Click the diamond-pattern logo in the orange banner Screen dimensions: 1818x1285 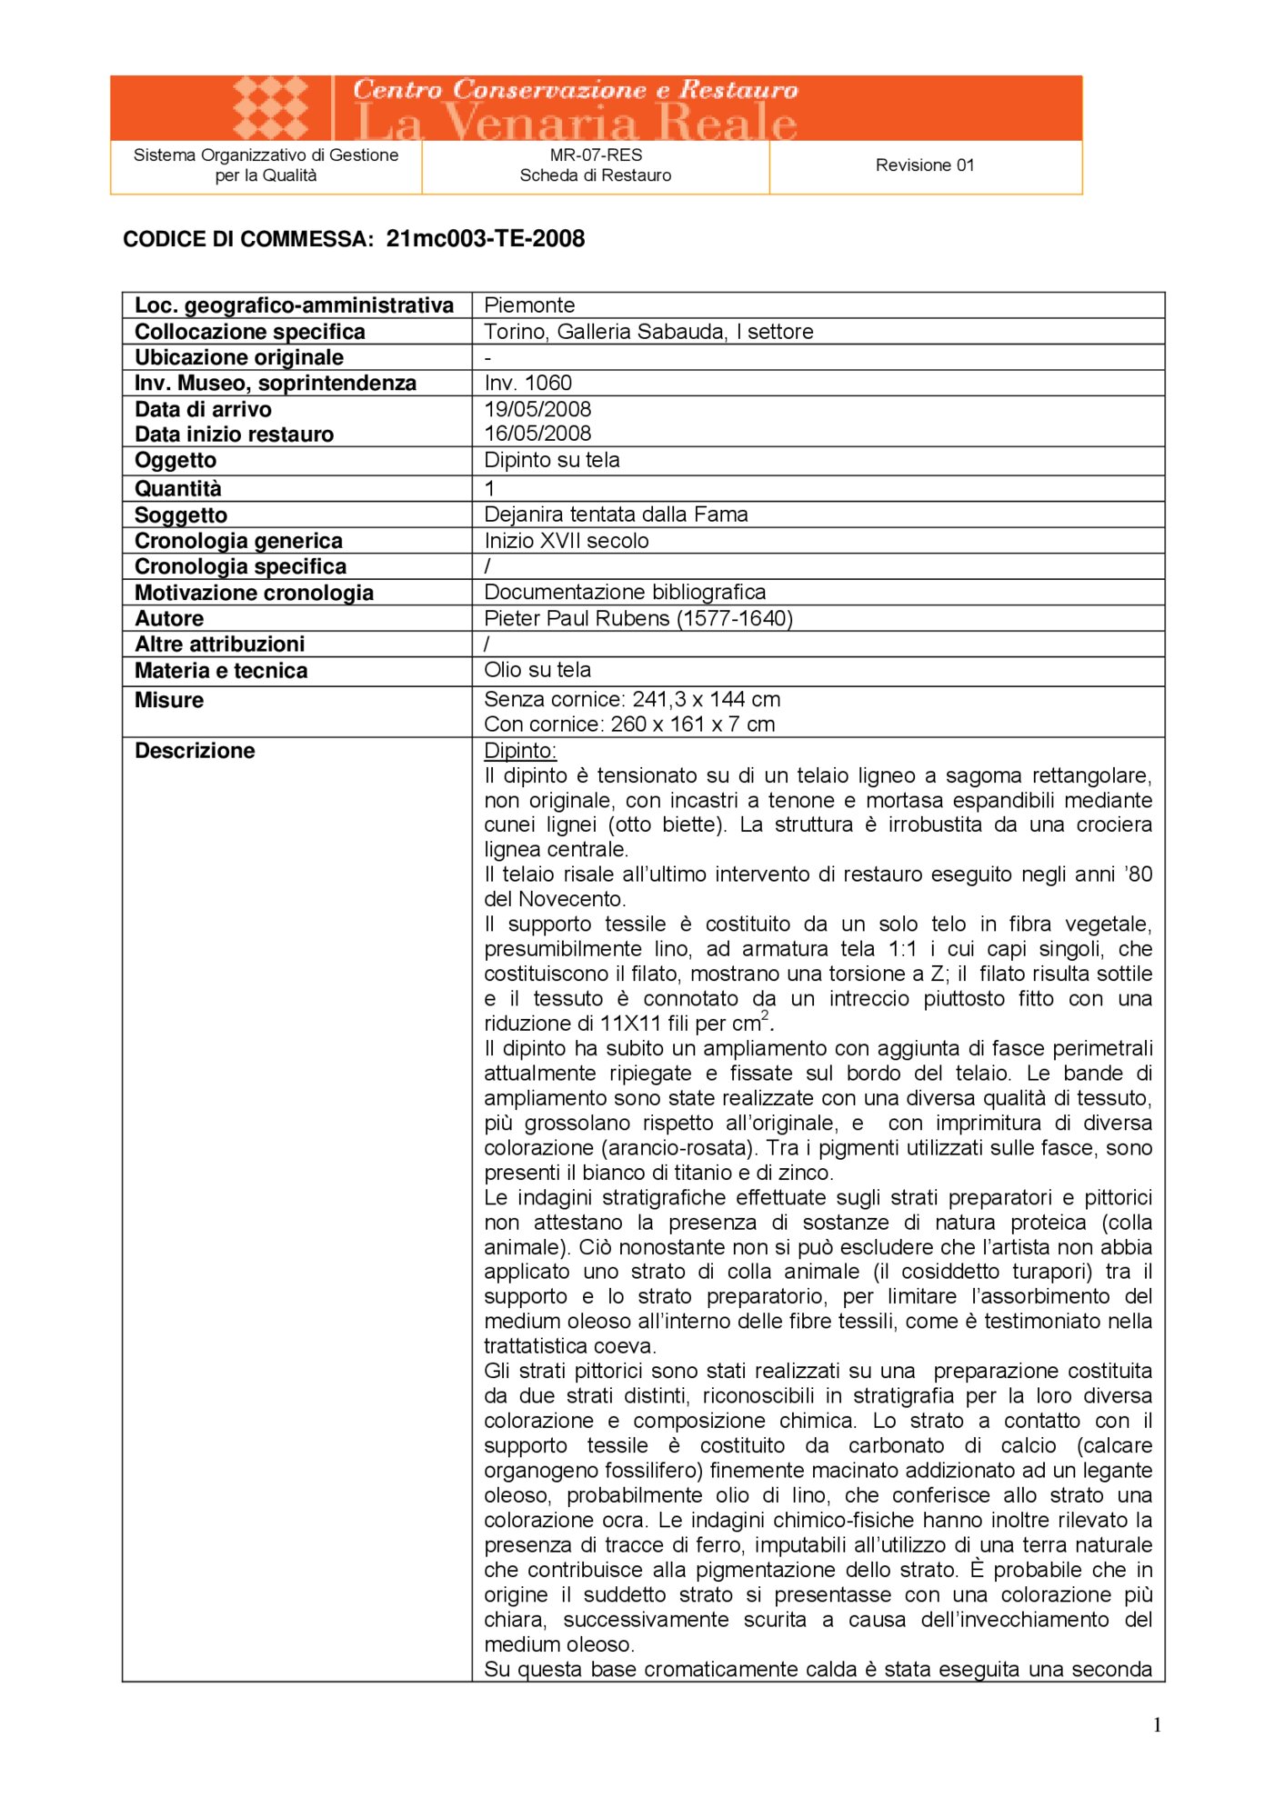[270, 107]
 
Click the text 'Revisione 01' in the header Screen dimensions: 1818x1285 [924, 165]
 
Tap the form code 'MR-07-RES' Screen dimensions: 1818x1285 [596, 155]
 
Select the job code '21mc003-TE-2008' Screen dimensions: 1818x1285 [485, 239]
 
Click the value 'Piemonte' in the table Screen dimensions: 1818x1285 [529, 305]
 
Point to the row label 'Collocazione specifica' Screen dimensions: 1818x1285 [249, 332]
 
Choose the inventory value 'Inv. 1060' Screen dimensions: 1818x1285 [527, 383]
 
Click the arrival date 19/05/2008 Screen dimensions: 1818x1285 [537, 409]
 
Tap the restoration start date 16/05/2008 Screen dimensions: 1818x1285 [537, 434]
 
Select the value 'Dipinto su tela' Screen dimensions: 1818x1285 [551, 460]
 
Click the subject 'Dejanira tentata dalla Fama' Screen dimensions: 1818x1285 [616, 514]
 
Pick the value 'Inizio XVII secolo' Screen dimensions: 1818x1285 [567, 541]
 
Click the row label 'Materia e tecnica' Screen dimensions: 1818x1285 [221, 671]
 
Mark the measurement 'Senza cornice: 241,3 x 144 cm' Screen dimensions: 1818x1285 [632, 699]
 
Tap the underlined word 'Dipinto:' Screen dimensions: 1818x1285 [520, 751]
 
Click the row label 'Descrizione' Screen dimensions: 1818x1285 [195, 751]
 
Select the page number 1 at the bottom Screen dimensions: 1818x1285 [1157, 1725]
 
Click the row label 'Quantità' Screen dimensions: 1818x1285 [177, 489]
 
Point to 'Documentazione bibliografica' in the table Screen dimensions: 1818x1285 [625, 593]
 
